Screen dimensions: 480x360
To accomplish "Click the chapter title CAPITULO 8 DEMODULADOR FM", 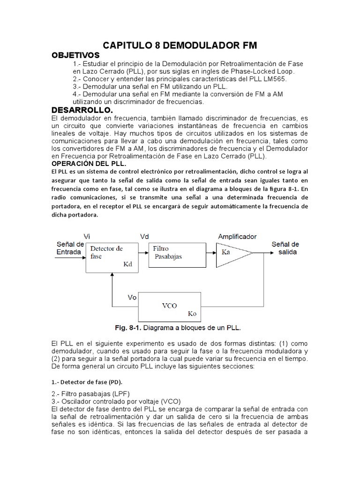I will point(180,45).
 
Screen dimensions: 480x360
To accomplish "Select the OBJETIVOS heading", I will point(75,55).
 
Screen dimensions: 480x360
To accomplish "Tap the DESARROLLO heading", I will point(82,110).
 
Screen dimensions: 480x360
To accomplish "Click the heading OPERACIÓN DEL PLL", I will point(89,164).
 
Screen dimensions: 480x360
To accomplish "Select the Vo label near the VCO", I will point(133,297).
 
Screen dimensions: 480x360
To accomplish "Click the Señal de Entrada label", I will point(70,248).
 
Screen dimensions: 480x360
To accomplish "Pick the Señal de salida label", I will point(285,248).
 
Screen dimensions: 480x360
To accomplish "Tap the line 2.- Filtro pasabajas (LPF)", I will point(90,393).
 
